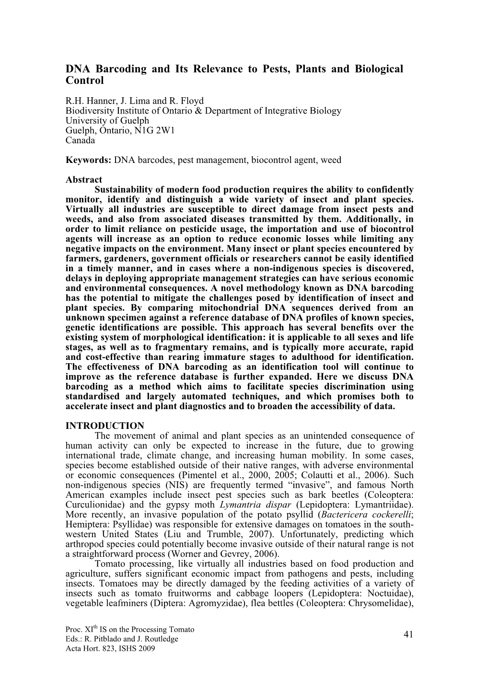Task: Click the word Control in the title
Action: pyautogui.click(x=85, y=81)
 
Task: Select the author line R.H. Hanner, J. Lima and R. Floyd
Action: pyautogui.click(x=135, y=101)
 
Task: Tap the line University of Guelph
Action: pyautogui.click(x=107, y=121)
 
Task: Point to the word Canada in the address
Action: pyautogui.click(x=80, y=140)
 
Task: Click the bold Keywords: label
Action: pyautogui.click(x=88, y=160)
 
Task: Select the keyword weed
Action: pyautogui.click(x=331, y=160)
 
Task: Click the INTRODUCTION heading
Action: pyautogui.click(x=105, y=426)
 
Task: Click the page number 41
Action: pyautogui.click(x=408, y=635)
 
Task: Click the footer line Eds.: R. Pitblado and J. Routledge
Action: pyautogui.click(x=122, y=639)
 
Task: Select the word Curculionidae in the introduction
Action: pyautogui.click(x=91, y=505)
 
